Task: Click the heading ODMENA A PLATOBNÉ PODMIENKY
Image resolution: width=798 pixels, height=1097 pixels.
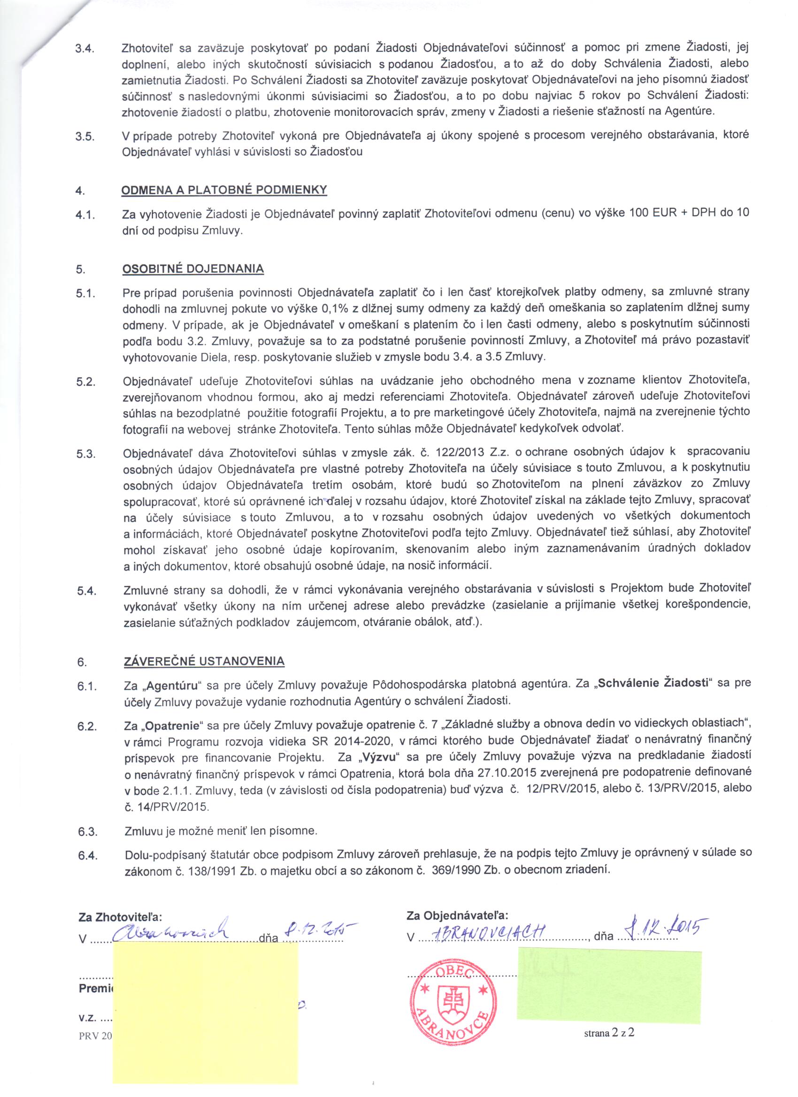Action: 224,190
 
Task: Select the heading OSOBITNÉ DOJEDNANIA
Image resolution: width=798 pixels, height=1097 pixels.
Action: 193,269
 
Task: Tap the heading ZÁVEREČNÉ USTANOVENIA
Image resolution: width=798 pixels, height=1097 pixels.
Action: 204,661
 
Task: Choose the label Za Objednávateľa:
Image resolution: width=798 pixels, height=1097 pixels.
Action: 457,915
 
